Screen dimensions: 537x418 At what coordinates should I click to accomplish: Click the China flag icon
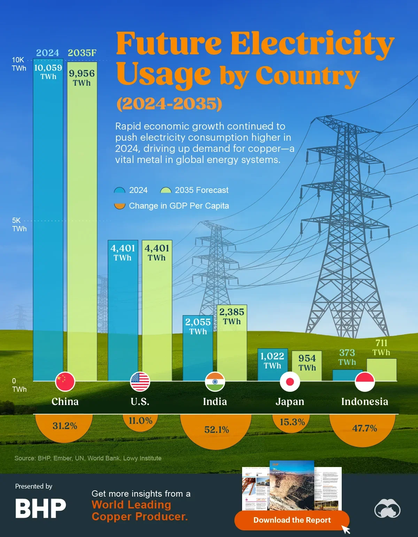click(x=65, y=382)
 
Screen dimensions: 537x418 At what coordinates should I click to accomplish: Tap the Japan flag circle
click(x=290, y=382)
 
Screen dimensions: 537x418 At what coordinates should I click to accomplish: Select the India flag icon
click(x=215, y=382)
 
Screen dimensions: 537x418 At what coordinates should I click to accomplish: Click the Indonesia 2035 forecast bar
click(x=381, y=370)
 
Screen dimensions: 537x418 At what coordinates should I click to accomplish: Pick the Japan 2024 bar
click(x=272, y=364)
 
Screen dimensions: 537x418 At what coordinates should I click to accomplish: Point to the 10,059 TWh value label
click(x=48, y=71)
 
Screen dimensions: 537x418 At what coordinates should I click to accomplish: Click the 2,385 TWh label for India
click(x=232, y=316)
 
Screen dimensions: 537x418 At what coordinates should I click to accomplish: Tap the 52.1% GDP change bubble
click(x=216, y=430)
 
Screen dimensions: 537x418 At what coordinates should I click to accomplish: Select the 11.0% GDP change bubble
click(x=140, y=421)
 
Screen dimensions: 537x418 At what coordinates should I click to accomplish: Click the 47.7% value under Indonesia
click(x=364, y=428)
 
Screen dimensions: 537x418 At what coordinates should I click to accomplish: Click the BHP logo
click(x=40, y=508)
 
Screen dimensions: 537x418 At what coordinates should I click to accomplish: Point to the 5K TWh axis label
click(x=19, y=225)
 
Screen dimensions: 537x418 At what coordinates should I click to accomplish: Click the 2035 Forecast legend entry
click(x=194, y=190)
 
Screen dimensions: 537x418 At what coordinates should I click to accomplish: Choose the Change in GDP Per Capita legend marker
click(x=119, y=206)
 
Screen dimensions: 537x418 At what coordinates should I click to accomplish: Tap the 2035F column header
click(x=82, y=53)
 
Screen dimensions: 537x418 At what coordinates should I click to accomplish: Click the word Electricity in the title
click(x=312, y=44)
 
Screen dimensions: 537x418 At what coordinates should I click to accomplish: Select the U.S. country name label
click(x=140, y=402)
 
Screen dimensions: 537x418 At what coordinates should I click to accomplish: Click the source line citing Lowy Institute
click(x=88, y=458)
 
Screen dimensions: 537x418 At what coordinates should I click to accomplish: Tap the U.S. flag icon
click(x=140, y=382)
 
